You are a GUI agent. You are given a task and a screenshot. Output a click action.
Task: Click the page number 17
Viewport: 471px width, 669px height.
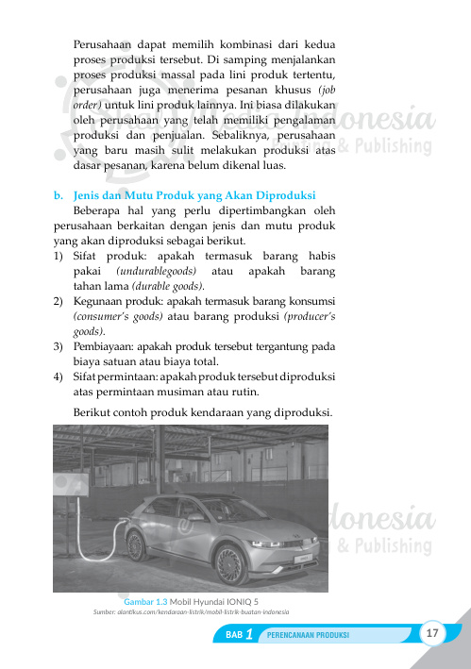(434, 632)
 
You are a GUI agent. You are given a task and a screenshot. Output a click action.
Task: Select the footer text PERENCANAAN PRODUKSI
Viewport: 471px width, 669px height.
(309, 635)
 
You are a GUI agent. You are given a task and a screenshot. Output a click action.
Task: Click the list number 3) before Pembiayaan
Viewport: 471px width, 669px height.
(59, 346)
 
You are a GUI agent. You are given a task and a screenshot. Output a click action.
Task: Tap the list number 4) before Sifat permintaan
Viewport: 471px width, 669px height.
(59, 376)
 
